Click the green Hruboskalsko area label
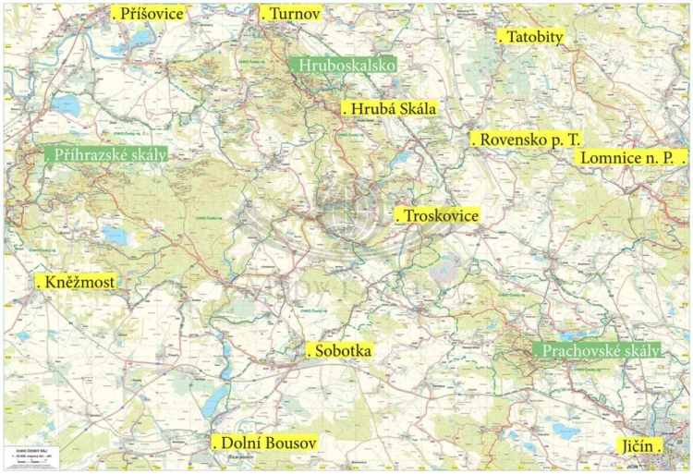coord(344,66)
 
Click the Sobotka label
coord(340,351)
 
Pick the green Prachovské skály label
coord(598,351)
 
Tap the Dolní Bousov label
coord(265,444)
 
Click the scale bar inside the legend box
coord(28,463)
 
